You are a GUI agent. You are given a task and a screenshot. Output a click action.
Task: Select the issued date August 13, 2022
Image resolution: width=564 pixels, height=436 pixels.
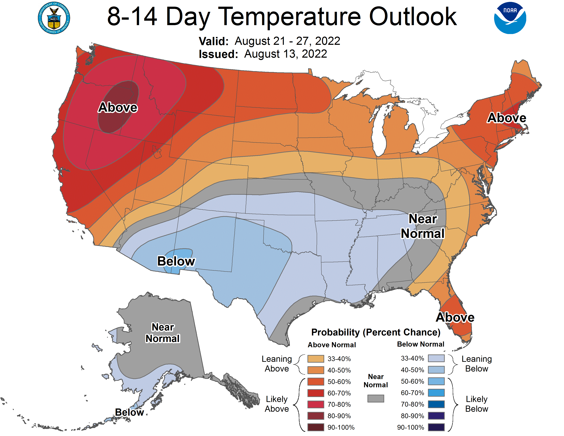285,54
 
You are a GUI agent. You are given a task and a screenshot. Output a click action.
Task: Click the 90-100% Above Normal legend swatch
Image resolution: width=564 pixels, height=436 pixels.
315,427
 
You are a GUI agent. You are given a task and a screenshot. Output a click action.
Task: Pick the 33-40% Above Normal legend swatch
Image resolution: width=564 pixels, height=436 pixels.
315,359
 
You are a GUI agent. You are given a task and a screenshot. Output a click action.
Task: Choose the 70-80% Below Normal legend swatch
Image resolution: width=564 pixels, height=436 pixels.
436,404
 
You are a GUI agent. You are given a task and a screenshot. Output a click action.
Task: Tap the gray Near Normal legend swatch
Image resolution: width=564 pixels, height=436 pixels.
375,398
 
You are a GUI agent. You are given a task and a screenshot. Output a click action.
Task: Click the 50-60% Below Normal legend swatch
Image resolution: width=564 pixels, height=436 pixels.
436,381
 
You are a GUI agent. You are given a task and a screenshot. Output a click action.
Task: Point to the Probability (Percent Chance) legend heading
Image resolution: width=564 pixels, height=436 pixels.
375,332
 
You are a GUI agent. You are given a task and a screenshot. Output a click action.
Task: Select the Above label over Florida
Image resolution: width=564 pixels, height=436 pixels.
455,317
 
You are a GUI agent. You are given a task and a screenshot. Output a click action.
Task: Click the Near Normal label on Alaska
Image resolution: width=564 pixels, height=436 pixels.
163,333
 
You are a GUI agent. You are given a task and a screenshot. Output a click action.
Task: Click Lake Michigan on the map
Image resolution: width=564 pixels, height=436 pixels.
378,134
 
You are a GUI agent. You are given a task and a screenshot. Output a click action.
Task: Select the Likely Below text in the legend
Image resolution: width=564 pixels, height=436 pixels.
476,404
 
